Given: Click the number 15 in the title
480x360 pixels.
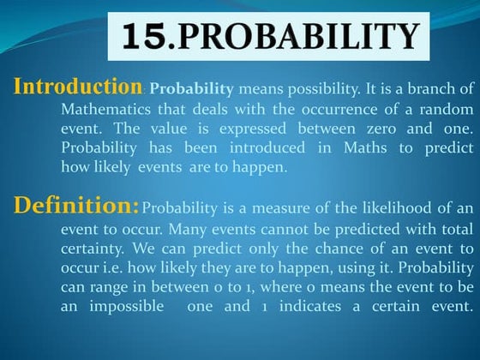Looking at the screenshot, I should [x=147, y=36].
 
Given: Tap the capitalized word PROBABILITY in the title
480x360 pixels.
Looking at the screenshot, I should [x=294, y=36].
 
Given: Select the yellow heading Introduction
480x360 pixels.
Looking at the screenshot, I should [x=78, y=87].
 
